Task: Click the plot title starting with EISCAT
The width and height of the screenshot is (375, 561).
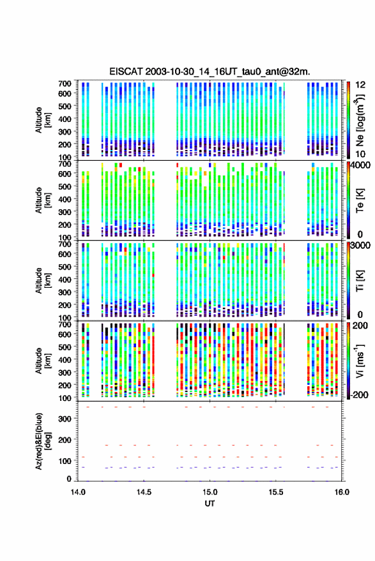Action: coord(210,71)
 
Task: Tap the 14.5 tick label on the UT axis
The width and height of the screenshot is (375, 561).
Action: coord(144,492)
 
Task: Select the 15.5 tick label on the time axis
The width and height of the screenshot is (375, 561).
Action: coord(275,492)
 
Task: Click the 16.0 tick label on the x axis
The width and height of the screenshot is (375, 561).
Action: coord(342,492)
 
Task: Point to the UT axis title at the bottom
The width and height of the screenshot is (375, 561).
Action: coord(210,504)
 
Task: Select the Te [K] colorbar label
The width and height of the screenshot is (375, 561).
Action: coord(360,200)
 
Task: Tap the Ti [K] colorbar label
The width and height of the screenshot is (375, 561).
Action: coord(360,281)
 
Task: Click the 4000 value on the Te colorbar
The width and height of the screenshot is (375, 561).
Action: coord(361,166)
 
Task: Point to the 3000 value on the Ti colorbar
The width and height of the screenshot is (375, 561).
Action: coord(361,246)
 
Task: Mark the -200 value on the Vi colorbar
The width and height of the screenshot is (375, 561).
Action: coord(359,395)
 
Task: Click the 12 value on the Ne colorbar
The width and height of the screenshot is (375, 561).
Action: coord(360,85)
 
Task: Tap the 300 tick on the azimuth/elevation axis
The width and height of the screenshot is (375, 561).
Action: coord(65,419)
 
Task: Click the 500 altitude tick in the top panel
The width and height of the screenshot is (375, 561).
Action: coord(65,106)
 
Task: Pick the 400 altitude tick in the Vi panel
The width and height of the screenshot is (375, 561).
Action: coord(65,360)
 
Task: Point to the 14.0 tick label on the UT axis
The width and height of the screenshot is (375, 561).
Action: coord(78,492)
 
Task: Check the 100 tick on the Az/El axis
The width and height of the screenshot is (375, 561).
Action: coord(65,461)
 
